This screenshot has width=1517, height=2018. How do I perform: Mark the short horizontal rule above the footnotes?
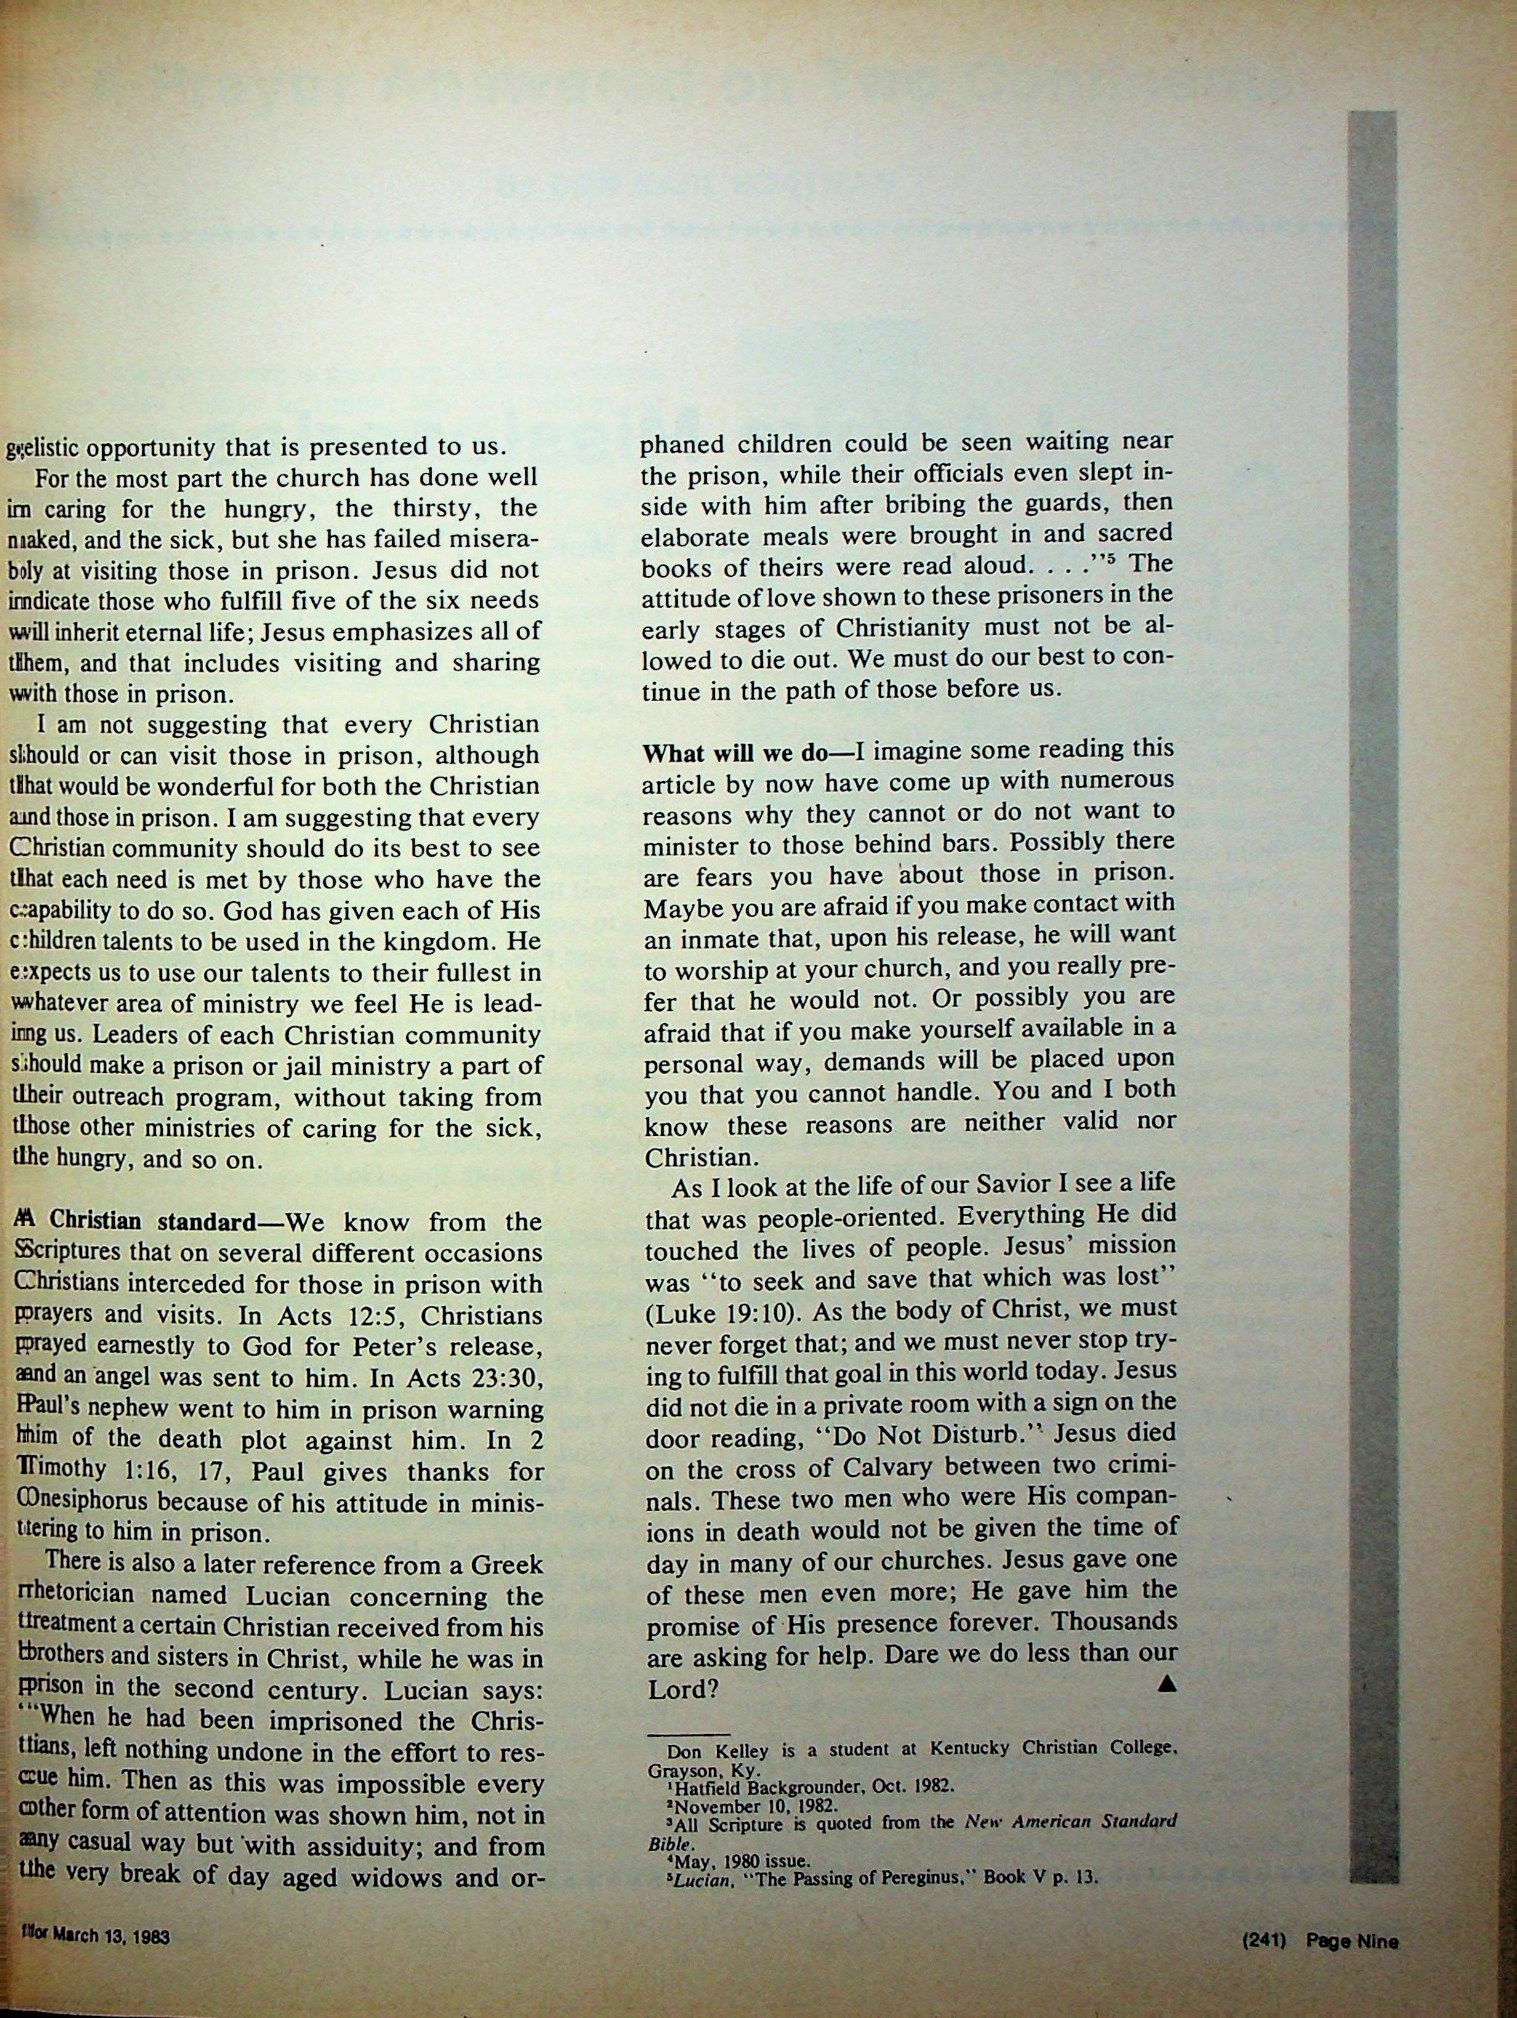(688, 1734)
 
